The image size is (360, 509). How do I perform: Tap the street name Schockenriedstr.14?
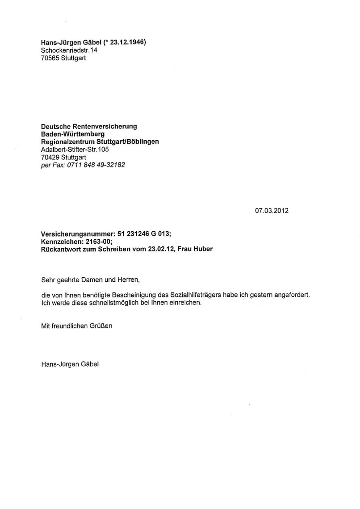pyautogui.click(x=69, y=50)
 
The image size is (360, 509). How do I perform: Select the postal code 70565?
pyautogui.click(x=50, y=58)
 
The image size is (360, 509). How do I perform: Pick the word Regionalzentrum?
pyautogui.click(x=67, y=142)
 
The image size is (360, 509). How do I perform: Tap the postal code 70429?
pyautogui.click(x=50, y=157)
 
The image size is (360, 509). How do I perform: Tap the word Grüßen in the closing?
pyautogui.click(x=101, y=326)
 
